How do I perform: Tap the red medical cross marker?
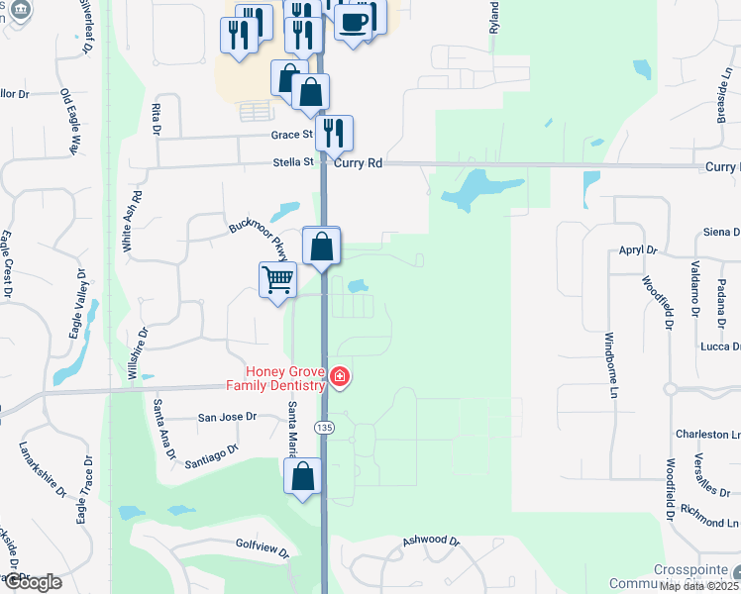[339, 376]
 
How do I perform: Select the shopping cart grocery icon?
[277, 280]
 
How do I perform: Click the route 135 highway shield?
[324, 427]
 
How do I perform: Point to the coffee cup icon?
[354, 21]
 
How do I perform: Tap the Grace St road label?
[292, 134]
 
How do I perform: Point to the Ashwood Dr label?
[431, 542]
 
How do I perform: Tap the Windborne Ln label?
[611, 365]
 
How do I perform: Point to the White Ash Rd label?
[127, 221]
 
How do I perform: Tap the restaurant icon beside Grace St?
[334, 133]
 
